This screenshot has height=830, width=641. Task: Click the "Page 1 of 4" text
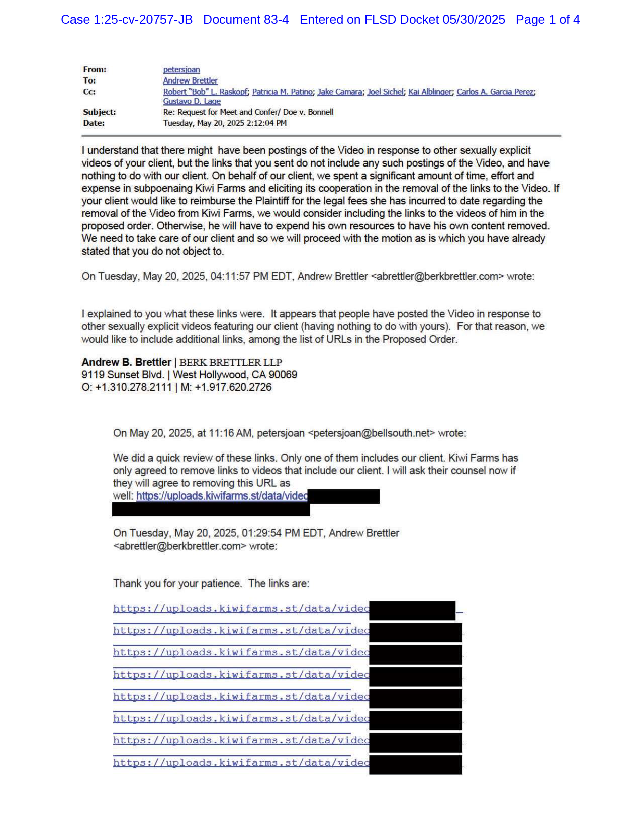tap(547, 20)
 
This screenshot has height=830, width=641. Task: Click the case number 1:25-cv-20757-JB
tap(143, 20)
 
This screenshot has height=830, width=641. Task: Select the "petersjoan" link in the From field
tap(181, 70)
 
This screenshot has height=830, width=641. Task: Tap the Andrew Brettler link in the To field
tap(190, 80)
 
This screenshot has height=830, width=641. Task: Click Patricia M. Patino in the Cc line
tap(283, 92)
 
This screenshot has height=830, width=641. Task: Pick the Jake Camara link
tap(339, 92)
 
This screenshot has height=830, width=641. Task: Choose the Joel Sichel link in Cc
tap(385, 92)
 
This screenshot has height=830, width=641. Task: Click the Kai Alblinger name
tap(430, 92)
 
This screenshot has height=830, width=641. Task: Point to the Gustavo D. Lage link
tap(192, 101)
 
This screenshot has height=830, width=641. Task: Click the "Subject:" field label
tap(100, 112)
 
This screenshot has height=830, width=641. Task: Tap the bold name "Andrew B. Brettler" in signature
tap(126, 362)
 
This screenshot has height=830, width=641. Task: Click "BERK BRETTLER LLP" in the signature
tap(231, 362)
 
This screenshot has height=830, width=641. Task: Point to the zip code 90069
tap(283, 375)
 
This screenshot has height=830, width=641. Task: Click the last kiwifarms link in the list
tap(241, 763)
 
